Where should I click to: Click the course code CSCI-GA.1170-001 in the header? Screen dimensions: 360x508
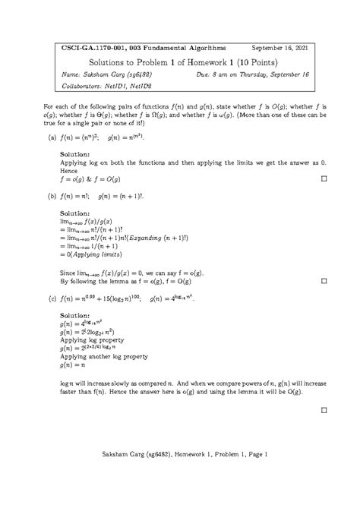(89, 47)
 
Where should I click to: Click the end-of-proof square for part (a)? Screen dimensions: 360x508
(323, 180)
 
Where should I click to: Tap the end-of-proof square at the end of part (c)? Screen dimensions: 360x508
(323, 409)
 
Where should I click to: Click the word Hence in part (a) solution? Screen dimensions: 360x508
(68, 172)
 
